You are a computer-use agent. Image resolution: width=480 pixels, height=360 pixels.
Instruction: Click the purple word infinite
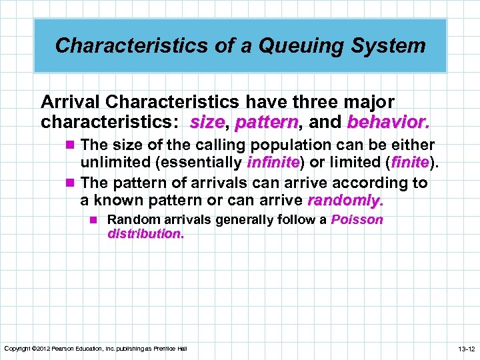(273, 161)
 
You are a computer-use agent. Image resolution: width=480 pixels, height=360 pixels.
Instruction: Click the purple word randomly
(346, 200)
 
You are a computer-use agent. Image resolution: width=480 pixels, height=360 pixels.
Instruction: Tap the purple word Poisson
(357, 220)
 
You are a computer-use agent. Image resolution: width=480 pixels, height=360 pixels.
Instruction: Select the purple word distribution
(145, 234)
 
